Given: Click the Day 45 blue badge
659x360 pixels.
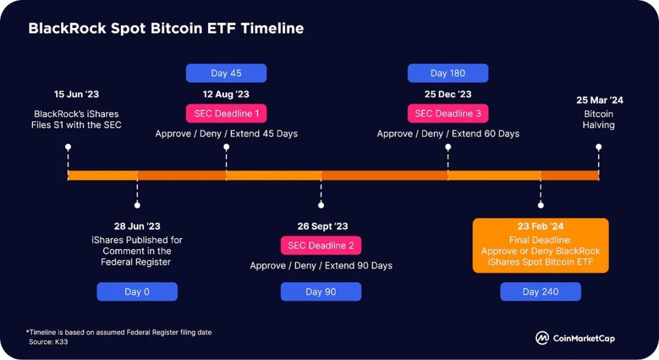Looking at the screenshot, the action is tap(226, 73).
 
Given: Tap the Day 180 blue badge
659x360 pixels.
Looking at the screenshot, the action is tap(448, 73).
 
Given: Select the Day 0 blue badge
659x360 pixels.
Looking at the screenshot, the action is tap(137, 292).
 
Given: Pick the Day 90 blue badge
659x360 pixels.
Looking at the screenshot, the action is tap(321, 292).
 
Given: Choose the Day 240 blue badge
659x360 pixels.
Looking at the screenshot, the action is tap(541, 292).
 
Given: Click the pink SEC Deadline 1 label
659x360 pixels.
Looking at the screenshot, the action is tap(226, 113).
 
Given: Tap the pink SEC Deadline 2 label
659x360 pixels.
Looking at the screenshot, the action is tap(321, 245).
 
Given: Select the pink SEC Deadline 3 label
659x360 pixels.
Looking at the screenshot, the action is tap(448, 113).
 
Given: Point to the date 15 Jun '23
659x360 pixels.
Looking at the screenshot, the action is tap(76, 94).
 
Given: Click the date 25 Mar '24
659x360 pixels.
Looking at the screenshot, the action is tap(600, 100).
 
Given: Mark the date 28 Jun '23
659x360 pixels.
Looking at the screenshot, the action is tap(137, 226).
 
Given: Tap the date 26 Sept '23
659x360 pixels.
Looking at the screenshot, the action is tap(323, 226).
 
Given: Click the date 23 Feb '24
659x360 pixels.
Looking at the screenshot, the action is tap(541, 226).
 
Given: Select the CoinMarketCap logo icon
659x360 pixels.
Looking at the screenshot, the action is tap(542, 338).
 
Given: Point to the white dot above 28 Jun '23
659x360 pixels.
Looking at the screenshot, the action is tap(137, 205).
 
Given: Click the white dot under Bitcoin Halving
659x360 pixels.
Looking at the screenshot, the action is tap(599, 146).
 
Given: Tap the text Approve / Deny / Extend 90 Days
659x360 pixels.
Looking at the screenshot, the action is tap(321, 265).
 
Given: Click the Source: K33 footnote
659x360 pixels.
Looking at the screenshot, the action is tap(48, 342).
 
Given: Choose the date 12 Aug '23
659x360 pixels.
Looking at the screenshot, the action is tap(226, 94).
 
